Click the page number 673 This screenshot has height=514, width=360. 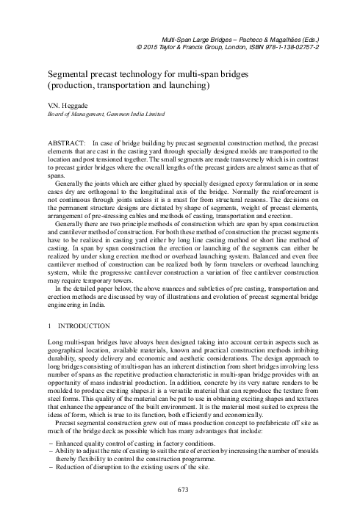tap(180, 489)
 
